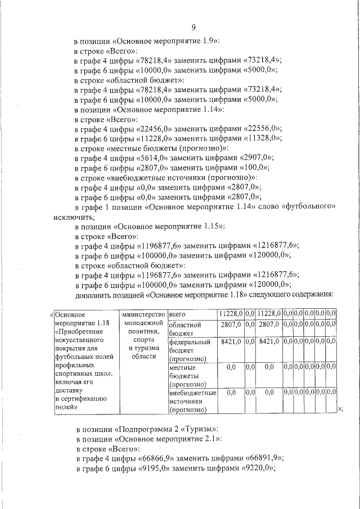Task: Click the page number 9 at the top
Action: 193,28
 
